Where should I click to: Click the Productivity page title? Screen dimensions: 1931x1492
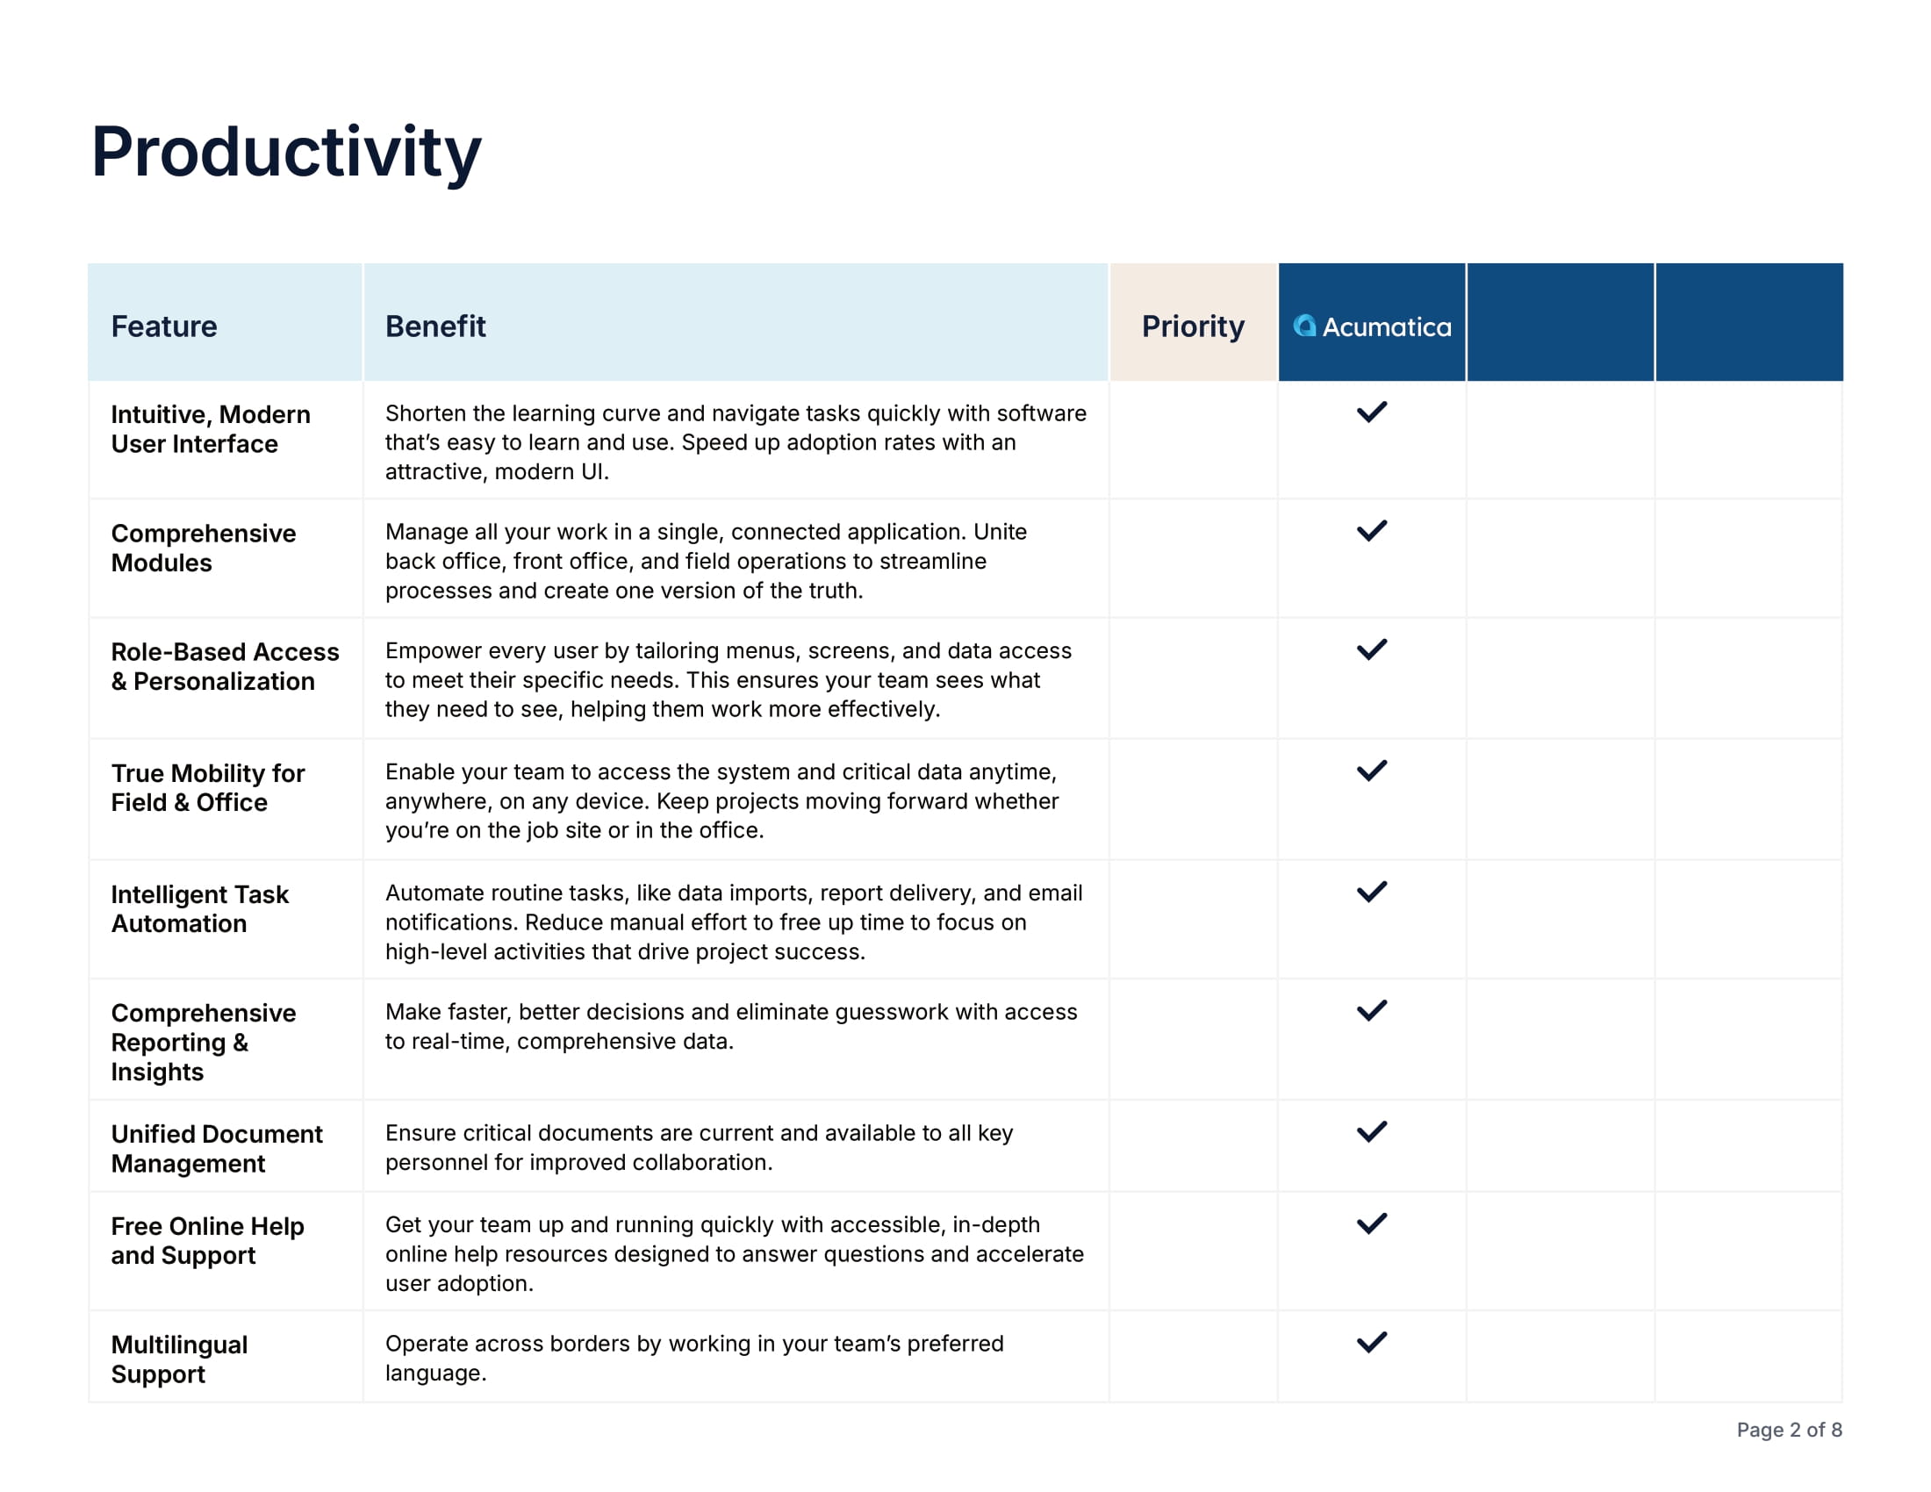click(x=285, y=152)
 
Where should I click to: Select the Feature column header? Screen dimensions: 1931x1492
click(x=163, y=326)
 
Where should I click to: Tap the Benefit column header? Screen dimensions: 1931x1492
click(x=435, y=326)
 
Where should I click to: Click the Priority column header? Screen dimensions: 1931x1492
click(x=1193, y=326)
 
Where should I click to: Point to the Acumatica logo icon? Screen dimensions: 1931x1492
click(x=1304, y=326)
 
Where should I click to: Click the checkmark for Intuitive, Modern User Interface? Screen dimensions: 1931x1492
click(x=1371, y=412)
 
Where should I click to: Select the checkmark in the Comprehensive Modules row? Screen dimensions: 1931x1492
click(x=1371, y=530)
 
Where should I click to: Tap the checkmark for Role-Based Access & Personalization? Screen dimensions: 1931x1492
click(x=1371, y=649)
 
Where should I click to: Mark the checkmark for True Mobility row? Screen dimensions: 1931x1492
click(x=1371, y=771)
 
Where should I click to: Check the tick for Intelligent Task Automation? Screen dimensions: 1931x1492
click(x=1371, y=892)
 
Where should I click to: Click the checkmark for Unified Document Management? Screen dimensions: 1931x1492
click(x=1371, y=1131)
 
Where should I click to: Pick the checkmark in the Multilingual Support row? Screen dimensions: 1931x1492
click(x=1371, y=1342)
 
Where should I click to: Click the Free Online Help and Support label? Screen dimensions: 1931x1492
click(x=207, y=1240)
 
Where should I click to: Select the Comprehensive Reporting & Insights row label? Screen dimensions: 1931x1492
click(x=204, y=1042)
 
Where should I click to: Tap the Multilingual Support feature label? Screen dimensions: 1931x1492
click(x=178, y=1359)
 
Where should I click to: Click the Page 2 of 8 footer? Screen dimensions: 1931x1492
click(x=1789, y=1429)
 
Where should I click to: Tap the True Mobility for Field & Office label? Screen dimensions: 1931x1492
click(x=208, y=787)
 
